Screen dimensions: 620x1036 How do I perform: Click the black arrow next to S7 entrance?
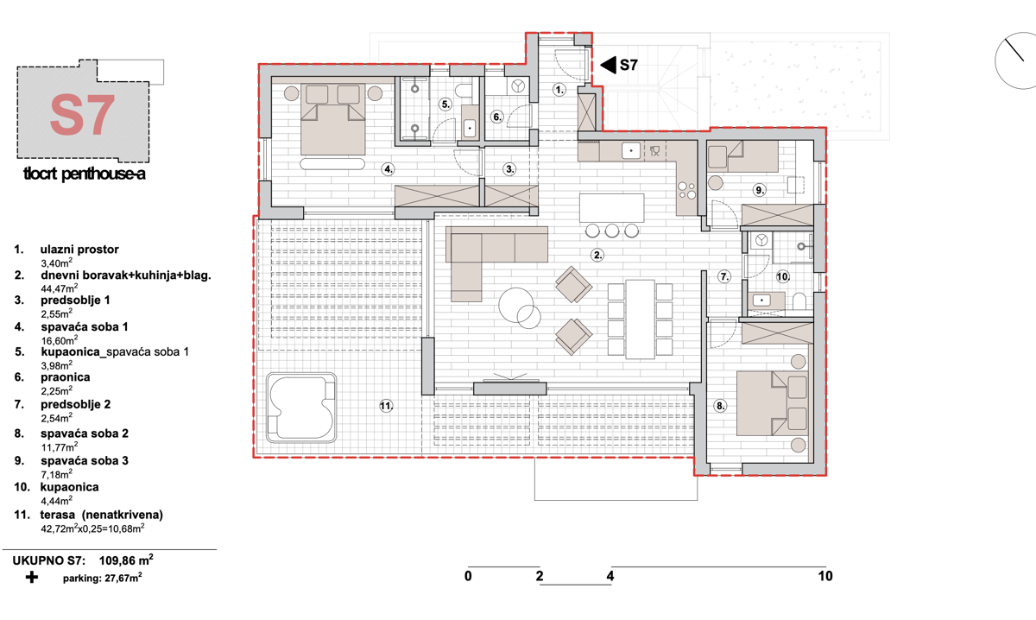pyautogui.click(x=607, y=64)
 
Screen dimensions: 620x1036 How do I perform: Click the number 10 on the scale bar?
pyautogui.click(x=825, y=576)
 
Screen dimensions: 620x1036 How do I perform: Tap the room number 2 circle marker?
pyautogui.click(x=597, y=255)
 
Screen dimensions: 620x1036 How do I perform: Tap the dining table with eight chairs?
pyautogui.click(x=640, y=318)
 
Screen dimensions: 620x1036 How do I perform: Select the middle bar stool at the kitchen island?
pyautogui.click(x=613, y=231)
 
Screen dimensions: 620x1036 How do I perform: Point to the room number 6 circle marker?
pyautogui.click(x=497, y=117)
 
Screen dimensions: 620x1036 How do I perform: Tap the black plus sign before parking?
pyautogui.click(x=31, y=578)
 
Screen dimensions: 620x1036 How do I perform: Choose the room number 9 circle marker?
pyautogui.click(x=760, y=189)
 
